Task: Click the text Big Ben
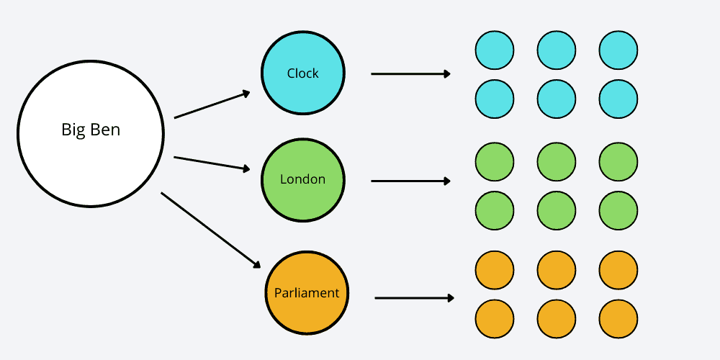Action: click(91, 130)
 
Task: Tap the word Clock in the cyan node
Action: click(302, 73)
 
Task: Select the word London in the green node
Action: click(302, 179)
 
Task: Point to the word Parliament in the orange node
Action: click(307, 293)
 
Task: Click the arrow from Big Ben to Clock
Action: click(212, 105)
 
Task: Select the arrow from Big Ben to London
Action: click(212, 163)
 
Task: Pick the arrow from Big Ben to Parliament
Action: click(210, 230)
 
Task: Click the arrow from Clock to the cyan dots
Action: click(410, 73)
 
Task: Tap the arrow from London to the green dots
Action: click(410, 181)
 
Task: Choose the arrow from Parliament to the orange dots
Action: click(414, 297)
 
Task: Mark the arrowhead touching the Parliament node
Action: click(256, 264)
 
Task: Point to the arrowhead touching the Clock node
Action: click(246, 93)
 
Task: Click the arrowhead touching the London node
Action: click(246, 170)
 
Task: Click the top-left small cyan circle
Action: click(495, 50)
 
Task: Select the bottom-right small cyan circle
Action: click(618, 99)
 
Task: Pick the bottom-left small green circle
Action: click(495, 210)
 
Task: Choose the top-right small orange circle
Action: click(618, 270)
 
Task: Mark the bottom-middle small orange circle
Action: click(557, 318)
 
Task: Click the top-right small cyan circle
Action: click(618, 50)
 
